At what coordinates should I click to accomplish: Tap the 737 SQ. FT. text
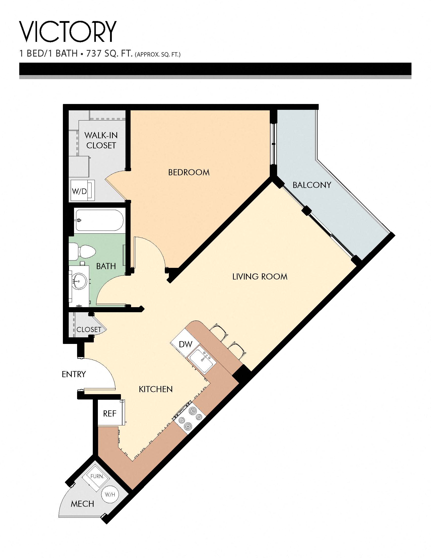tap(109, 54)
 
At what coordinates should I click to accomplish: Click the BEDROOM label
tap(189, 172)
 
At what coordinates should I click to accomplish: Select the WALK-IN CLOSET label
tap(101, 140)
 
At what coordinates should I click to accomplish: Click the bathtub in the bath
tap(99, 220)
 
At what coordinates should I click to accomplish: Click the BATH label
tap(106, 266)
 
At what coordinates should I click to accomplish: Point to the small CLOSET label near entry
tap(89, 329)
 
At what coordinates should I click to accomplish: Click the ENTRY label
tap(74, 374)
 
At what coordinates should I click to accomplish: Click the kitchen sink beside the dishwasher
tap(202, 360)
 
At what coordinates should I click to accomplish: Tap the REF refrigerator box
tap(110, 413)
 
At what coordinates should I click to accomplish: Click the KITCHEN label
tap(156, 389)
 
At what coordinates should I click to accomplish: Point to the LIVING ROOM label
tap(260, 276)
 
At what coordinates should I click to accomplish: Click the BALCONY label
tap(312, 185)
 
